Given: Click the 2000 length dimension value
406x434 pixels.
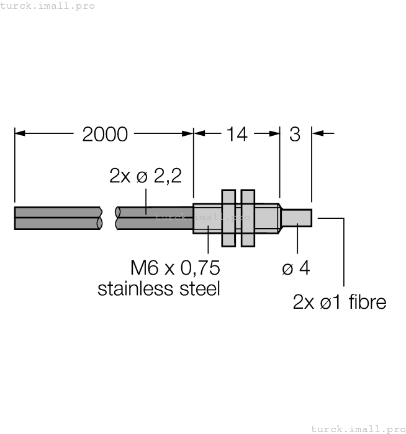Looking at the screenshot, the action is [x=105, y=135].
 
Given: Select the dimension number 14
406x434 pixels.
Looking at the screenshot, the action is [x=237, y=135].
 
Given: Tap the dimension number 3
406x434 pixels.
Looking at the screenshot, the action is [x=295, y=135].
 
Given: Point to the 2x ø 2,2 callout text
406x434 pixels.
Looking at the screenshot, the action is [x=145, y=175].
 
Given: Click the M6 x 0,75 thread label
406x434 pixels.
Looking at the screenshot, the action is [x=175, y=268].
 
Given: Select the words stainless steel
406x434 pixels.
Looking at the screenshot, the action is [x=159, y=288].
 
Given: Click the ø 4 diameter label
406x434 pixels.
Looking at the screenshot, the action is [x=296, y=268].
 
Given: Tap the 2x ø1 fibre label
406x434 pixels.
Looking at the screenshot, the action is [x=340, y=302].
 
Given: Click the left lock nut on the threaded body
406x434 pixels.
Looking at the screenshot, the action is [x=228, y=218].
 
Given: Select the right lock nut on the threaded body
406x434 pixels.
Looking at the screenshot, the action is [x=248, y=218].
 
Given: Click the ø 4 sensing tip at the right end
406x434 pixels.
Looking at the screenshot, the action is [x=297, y=218].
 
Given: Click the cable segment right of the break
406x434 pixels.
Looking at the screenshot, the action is [x=154, y=218].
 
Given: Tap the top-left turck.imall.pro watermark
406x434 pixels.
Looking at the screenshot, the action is [x=47, y=6].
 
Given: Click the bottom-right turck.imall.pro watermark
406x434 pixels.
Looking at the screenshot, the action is [x=358, y=429].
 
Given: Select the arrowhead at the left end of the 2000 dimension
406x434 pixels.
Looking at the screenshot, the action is [x=20, y=133].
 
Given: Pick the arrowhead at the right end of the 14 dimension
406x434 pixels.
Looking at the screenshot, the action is [x=274, y=133].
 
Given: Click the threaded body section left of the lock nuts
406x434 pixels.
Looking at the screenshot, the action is [x=207, y=218].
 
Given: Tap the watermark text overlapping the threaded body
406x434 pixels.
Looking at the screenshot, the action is [x=202, y=217].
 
